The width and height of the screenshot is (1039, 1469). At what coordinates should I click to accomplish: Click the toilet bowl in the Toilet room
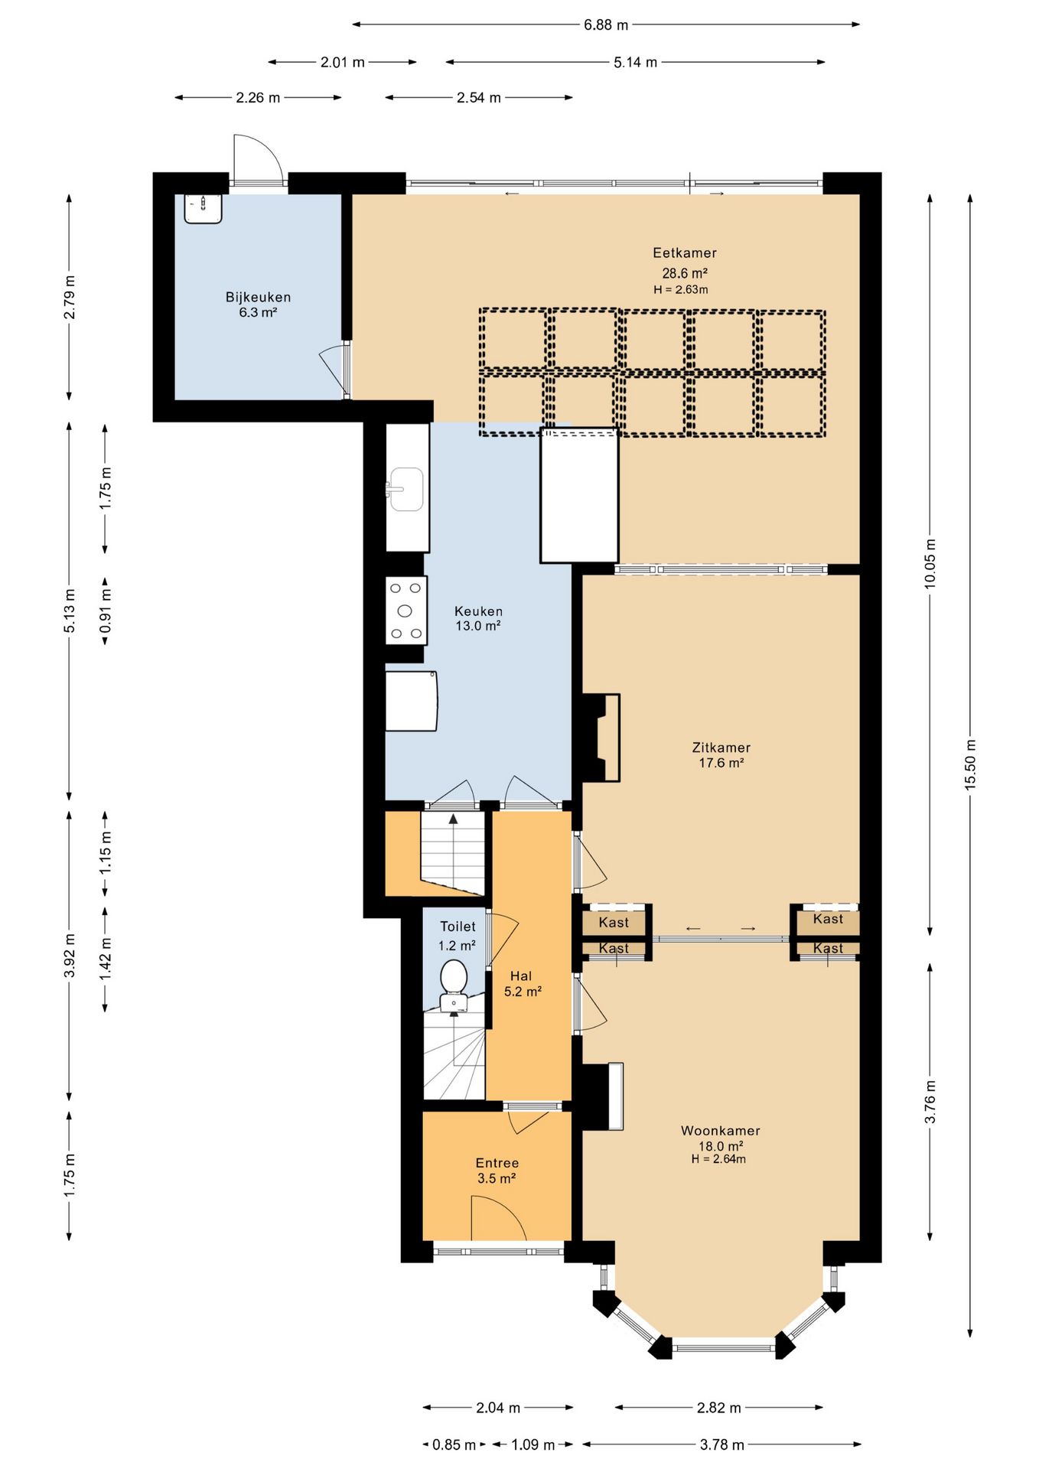point(454,985)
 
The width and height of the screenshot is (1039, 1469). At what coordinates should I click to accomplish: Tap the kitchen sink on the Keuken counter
point(406,489)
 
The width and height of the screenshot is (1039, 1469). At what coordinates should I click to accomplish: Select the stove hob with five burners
point(406,611)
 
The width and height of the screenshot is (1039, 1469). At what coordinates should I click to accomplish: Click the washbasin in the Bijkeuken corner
point(204,208)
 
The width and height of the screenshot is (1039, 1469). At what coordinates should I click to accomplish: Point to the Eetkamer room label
point(685,252)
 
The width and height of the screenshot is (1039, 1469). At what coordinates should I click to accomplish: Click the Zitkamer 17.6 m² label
point(721,755)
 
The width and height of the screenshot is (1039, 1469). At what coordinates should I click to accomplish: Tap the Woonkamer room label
point(721,1130)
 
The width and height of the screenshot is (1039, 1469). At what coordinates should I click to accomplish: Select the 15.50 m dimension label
point(970,764)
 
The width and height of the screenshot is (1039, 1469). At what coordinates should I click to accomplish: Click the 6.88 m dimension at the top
point(606,24)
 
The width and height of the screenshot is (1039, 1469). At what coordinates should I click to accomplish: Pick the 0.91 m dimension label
point(105,610)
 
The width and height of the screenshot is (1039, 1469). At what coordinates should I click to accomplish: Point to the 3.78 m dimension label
point(721,1445)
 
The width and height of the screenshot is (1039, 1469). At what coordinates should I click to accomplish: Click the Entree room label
point(497,1163)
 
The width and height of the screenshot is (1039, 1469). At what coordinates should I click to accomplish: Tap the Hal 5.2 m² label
point(523,984)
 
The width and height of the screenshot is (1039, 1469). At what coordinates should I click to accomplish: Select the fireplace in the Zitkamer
point(601,738)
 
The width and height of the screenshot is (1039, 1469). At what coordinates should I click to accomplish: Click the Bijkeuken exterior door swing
point(258,159)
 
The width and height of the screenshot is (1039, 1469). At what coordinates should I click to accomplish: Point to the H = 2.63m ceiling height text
point(680,290)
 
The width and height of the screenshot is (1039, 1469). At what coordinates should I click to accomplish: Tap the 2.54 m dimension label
point(479,97)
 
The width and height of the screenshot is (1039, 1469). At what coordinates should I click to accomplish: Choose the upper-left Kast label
point(614,922)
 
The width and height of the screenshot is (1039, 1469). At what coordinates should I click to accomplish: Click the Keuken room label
point(478,618)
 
